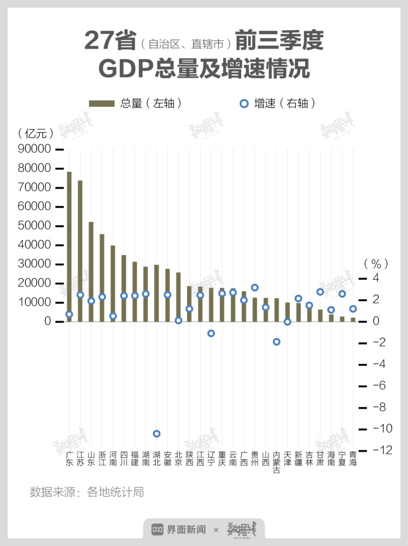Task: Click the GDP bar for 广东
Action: coord(69,246)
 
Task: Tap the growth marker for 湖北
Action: coord(156,434)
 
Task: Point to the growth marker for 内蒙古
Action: coord(277,342)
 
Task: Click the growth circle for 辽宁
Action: coord(211,333)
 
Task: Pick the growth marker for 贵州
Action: coord(255,287)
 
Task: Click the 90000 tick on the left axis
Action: coord(36,149)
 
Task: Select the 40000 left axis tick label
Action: coord(36,245)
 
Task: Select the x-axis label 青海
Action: coord(353,459)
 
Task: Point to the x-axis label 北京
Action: coord(178,459)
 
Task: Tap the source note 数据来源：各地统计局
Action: coord(87,492)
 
